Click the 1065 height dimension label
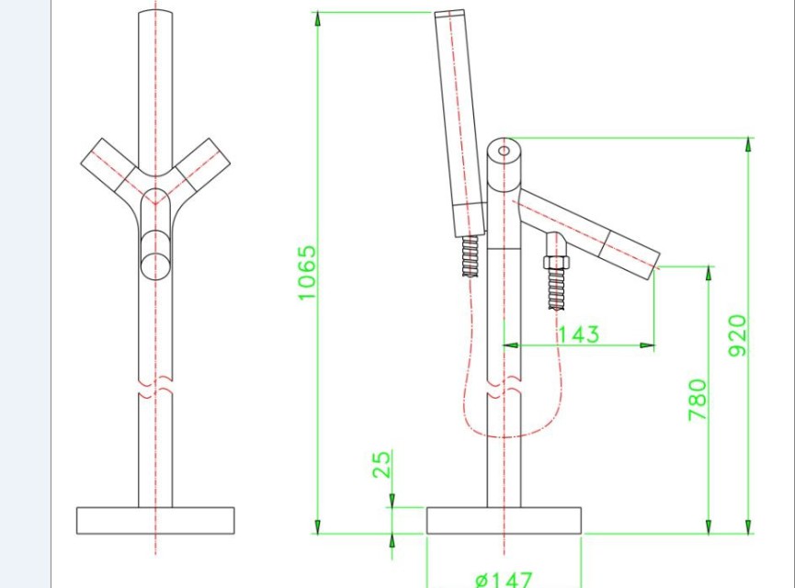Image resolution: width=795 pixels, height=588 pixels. (307, 273)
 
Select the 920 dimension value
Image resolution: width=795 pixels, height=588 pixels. (738, 335)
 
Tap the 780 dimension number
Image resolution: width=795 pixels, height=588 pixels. (698, 400)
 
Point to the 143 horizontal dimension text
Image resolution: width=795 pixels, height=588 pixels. (579, 334)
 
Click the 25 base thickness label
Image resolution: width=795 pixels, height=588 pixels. (381, 464)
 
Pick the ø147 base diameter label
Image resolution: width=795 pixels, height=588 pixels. (504, 580)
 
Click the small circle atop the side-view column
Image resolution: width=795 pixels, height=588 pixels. (504, 151)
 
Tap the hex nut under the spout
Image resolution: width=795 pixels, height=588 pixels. (556, 262)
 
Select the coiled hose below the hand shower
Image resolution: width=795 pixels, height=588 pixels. (471, 256)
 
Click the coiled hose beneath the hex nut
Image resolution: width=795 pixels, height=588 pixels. (556, 288)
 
